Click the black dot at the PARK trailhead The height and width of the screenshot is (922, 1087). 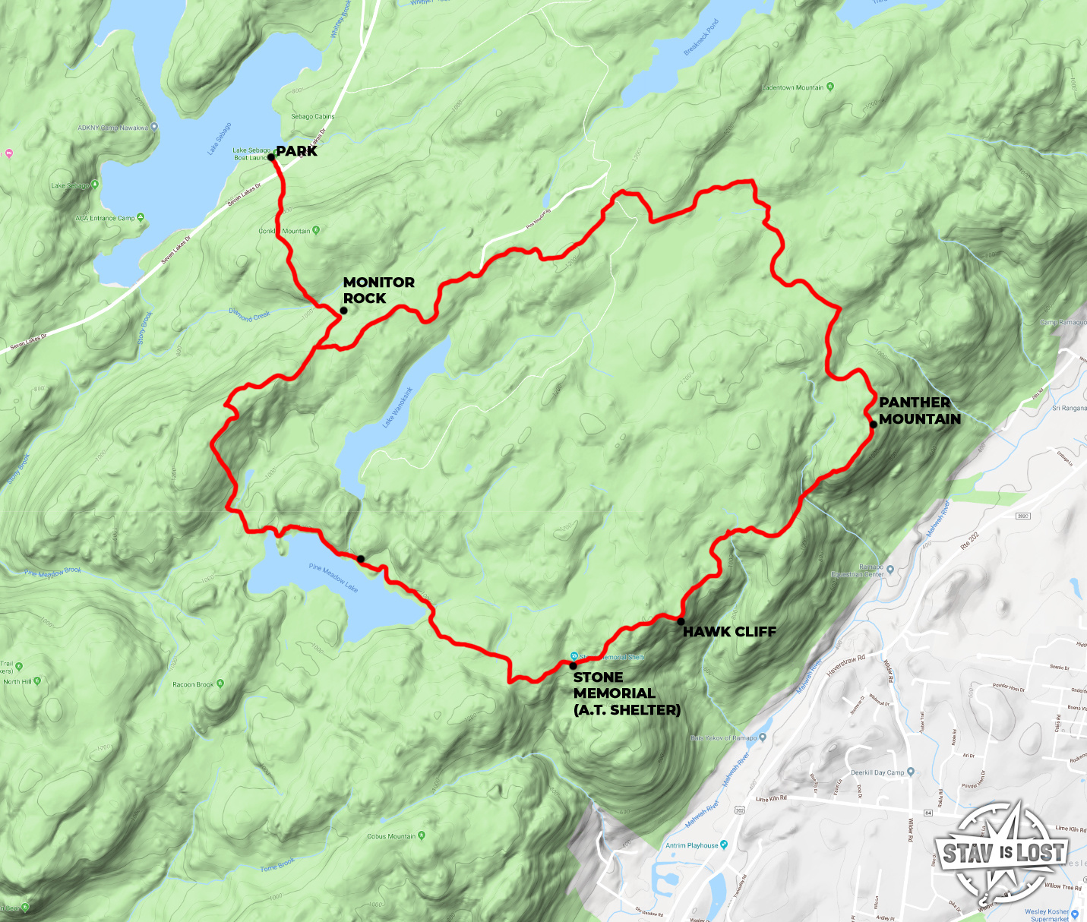coord(271,157)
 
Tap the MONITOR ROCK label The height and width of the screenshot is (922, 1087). coord(378,290)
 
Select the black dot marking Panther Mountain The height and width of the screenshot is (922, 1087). coord(873,425)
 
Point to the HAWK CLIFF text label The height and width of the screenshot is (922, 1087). coord(729,631)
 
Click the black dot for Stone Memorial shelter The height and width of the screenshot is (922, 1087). coord(573,665)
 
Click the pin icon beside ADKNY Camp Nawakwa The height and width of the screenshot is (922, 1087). coord(154,128)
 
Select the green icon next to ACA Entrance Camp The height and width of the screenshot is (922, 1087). coord(141,218)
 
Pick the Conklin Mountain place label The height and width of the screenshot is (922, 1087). coord(285,231)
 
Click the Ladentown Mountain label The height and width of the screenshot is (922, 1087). coord(792,87)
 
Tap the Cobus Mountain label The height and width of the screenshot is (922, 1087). coord(391,836)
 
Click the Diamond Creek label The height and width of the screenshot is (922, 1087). coord(249,315)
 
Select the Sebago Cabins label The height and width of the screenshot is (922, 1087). coord(312,116)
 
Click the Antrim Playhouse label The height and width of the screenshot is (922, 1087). coord(691,845)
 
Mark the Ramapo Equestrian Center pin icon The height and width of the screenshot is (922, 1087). coord(890,569)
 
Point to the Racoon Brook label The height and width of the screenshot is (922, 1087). coord(193,684)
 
